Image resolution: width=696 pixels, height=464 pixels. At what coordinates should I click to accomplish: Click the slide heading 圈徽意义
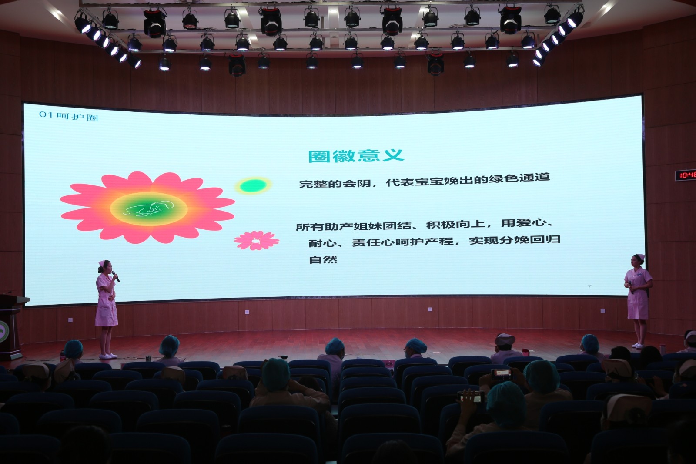[x=356, y=156]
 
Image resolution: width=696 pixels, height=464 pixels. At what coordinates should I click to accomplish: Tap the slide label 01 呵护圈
[x=69, y=116]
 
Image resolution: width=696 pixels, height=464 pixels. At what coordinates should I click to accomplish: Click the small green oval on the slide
[x=253, y=186]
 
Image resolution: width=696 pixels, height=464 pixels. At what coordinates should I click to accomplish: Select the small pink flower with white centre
[x=256, y=240]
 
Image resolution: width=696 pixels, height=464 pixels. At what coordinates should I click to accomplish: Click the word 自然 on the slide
[x=323, y=259]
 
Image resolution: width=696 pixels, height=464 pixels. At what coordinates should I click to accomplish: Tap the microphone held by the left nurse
[x=116, y=276]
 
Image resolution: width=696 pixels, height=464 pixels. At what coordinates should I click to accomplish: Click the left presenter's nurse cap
[x=102, y=263]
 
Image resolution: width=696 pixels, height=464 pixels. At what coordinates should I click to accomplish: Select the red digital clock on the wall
[x=686, y=175]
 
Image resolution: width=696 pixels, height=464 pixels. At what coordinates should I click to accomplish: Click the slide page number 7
[x=589, y=286]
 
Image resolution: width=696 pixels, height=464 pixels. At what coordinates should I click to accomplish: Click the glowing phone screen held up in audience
[x=501, y=372]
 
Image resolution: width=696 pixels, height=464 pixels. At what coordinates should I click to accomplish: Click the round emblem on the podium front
[x=3, y=332]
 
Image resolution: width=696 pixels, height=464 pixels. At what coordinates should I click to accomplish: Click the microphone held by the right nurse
[x=631, y=287]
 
